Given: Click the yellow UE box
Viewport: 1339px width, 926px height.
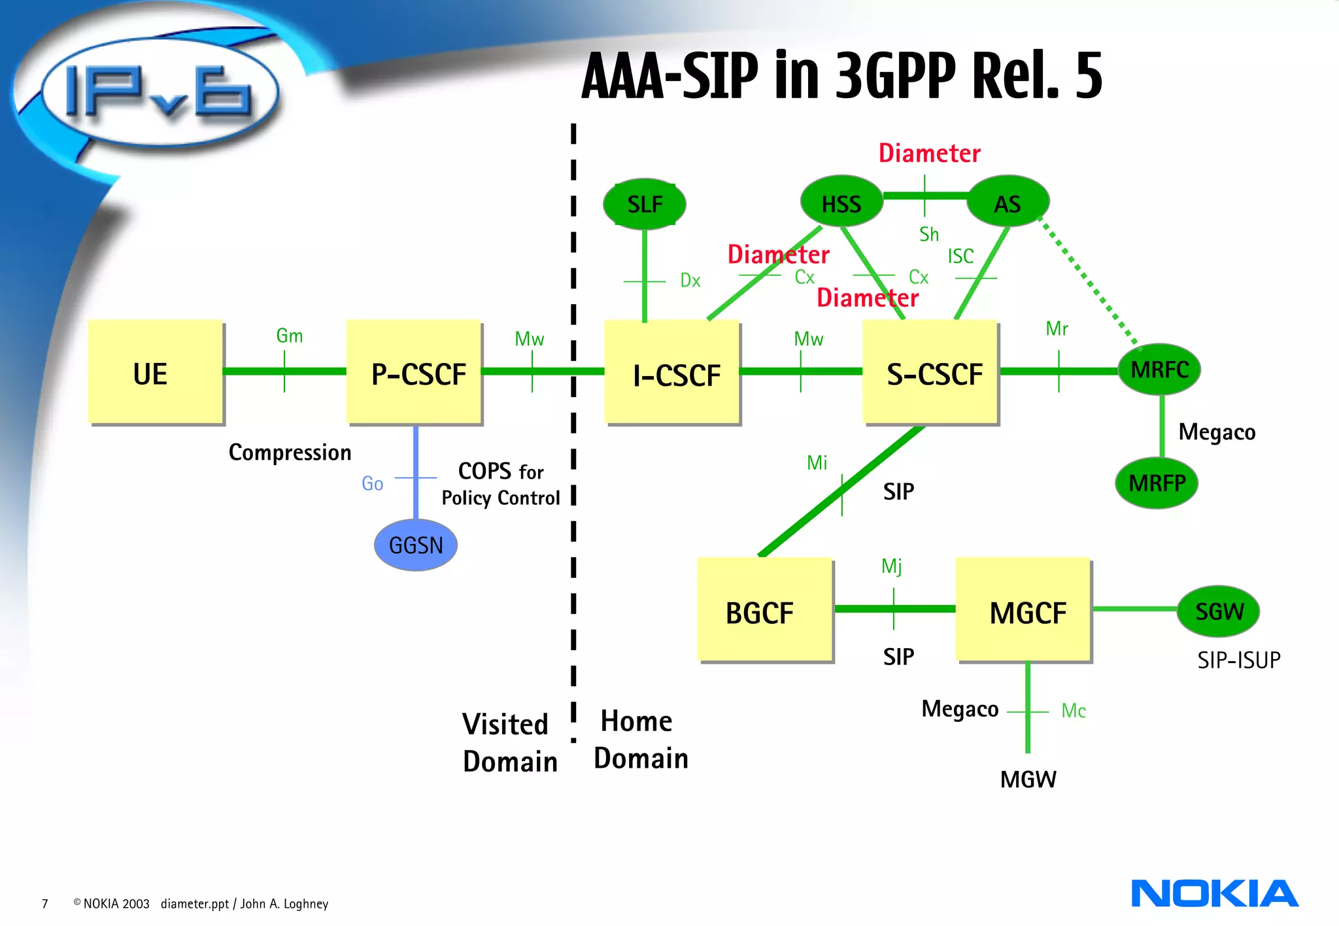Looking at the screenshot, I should (155, 371).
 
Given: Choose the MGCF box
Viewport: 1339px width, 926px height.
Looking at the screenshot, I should (1023, 609).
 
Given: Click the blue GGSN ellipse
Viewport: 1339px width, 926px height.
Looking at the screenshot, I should (416, 545).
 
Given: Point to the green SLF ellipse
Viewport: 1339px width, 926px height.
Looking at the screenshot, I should (645, 204).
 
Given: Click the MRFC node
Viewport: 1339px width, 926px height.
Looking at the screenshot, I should (1159, 369).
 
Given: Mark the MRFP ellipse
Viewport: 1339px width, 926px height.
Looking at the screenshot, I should (1157, 483).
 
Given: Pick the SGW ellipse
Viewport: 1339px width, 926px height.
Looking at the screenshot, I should (1219, 611).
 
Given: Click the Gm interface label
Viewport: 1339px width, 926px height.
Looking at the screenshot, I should (289, 336).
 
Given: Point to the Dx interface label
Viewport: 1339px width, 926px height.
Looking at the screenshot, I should (690, 281).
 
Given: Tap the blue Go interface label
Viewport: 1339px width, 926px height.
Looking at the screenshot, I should (372, 484).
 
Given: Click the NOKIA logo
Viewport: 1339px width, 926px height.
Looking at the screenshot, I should (1214, 894).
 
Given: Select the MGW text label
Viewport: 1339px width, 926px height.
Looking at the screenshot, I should (1028, 780).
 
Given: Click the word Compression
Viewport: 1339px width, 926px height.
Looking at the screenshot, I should (290, 453).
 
